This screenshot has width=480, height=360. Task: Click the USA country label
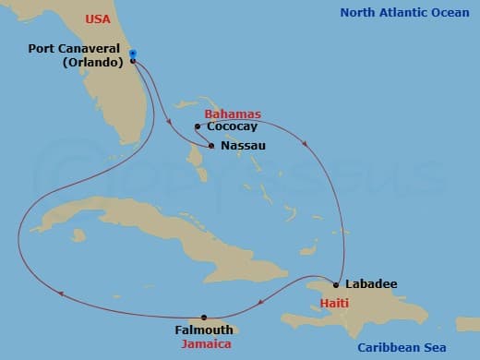point(97,18)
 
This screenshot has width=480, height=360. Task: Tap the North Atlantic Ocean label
point(402,12)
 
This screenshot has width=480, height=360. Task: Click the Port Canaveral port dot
point(134,61)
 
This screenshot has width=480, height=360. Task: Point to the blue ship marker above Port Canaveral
point(133,54)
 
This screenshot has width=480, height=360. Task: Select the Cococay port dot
point(198,126)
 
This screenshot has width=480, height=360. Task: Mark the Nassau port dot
point(212,146)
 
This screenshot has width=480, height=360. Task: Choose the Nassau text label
point(244,146)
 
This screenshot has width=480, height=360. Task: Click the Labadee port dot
point(336,284)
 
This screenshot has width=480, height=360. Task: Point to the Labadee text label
point(370,284)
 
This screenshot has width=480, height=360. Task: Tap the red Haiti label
point(334,303)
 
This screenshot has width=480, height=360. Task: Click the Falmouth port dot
point(204,318)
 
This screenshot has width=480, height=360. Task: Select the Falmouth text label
point(204,330)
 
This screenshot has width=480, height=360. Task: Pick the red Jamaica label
point(207,343)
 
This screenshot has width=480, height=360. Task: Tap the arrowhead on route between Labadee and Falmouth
point(262,297)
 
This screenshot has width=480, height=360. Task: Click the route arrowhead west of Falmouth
point(61,294)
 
